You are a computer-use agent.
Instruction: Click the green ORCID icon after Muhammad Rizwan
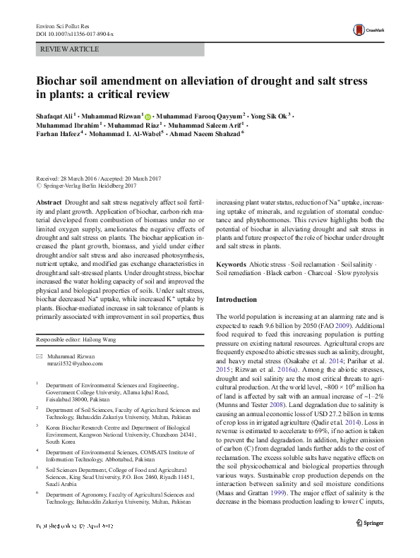tap(148, 114)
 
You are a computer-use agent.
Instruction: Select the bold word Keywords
tap(232, 264)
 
